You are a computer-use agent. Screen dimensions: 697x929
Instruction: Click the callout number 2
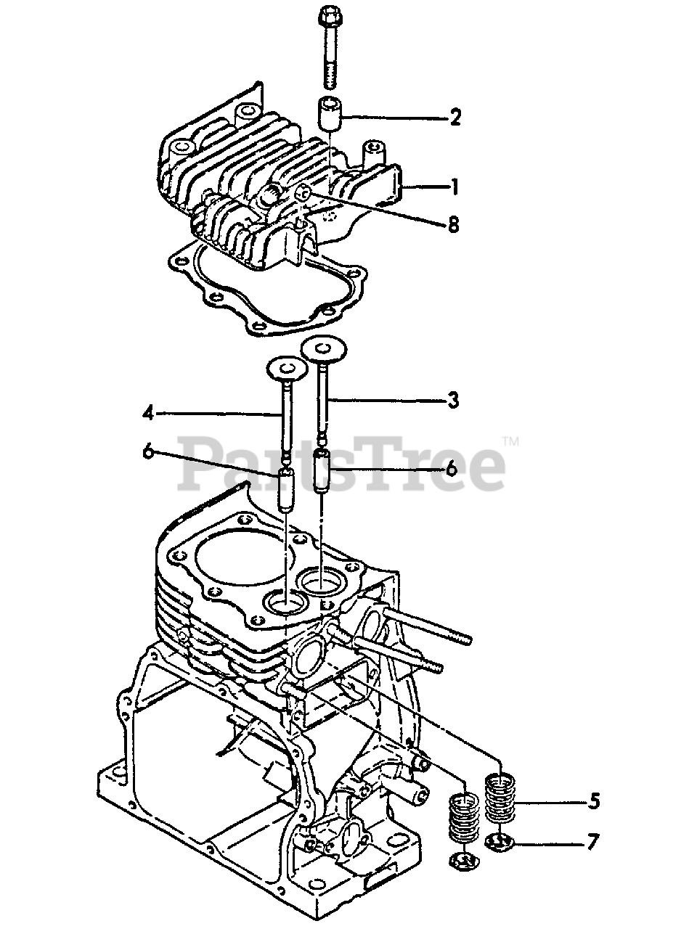pyautogui.click(x=455, y=117)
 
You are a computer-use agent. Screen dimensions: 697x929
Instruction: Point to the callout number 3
pyautogui.click(x=453, y=400)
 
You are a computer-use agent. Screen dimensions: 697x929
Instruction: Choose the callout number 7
pyautogui.click(x=594, y=843)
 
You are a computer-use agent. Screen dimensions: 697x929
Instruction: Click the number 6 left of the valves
pyautogui.click(x=148, y=452)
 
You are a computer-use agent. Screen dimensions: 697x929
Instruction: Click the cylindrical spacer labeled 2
pyautogui.click(x=328, y=113)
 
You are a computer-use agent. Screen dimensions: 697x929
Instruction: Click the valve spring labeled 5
pyautogui.click(x=499, y=799)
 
